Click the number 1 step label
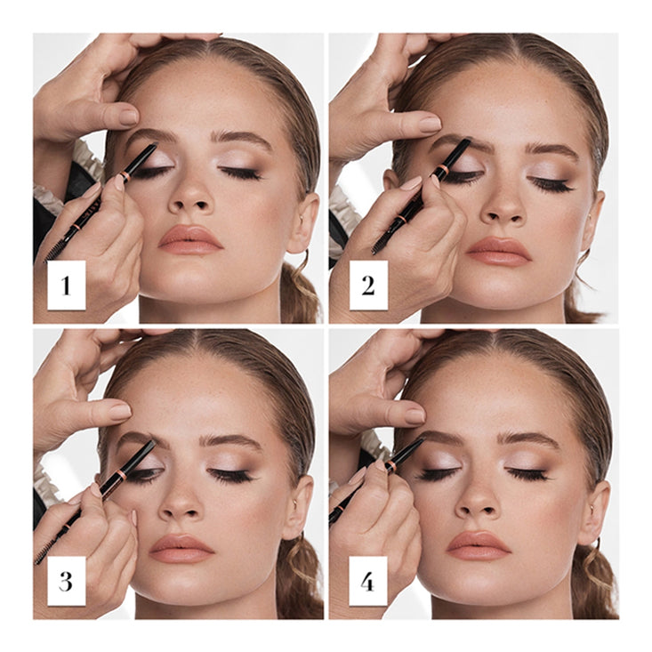[x=67, y=286]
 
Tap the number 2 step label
[x=368, y=286]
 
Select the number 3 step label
[x=67, y=582]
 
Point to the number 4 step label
[x=368, y=582]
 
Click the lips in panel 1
[x=190, y=239]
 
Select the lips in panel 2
[x=497, y=251]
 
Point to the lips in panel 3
[x=181, y=548]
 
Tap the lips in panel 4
[x=479, y=544]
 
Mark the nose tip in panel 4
[x=478, y=503]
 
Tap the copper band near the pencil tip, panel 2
[x=443, y=169]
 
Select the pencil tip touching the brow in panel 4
[x=421, y=439]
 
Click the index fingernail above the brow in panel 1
[x=128, y=117]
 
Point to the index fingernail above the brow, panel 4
[x=415, y=415]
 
